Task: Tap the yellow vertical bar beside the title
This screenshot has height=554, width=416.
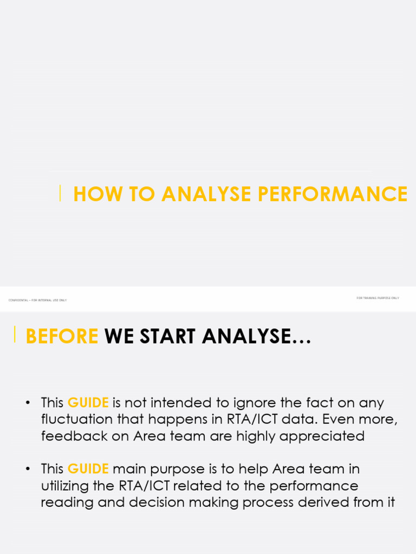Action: click(x=60, y=193)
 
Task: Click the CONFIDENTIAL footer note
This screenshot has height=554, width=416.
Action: click(x=38, y=300)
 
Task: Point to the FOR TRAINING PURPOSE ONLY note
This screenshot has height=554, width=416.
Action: click(x=378, y=298)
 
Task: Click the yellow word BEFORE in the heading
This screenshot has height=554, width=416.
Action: click(x=62, y=337)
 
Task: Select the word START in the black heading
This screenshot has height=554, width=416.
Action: click(x=168, y=337)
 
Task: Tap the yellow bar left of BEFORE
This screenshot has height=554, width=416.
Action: click(x=15, y=334)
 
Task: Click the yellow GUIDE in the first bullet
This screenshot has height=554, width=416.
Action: click(x=88, y=403)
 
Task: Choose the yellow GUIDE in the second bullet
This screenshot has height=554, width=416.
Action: click(x=88, y=469)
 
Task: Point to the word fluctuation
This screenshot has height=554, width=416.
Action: click(x=76, y=420)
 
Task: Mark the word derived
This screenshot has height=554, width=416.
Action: click(x=328, y=503)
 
